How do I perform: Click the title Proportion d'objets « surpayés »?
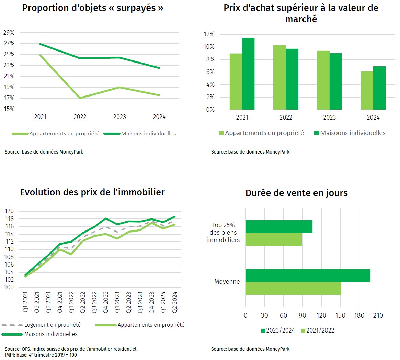click(x=93, y=8)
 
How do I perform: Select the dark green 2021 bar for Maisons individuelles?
click(x=248, y=74)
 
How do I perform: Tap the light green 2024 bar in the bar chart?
click(x=367, y=90)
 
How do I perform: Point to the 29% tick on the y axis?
click(x=9, y=33)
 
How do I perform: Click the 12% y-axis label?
click(x=209, y=34)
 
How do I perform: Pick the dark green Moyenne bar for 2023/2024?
click(x=308, y=275)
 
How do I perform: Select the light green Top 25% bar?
click(x=274, y=239)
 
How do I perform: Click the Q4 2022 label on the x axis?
click(x=106, y=302)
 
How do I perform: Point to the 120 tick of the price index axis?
click(x=9, y=211)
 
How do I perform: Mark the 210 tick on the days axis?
click(x=378, y=315)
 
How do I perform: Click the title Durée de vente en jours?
click(x=296, y=193)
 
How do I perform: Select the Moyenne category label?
click(x=227, y=282)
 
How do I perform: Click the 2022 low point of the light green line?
click(x=80, y=98)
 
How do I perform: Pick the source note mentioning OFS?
click(x=71, y=352)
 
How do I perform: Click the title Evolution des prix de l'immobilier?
click(x=92, y=192)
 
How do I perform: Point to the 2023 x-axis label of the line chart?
click(x=119, y=117)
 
